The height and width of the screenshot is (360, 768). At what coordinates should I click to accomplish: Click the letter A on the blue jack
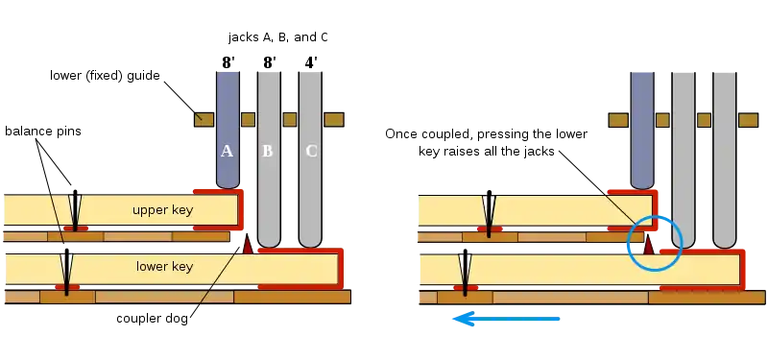(227, 152)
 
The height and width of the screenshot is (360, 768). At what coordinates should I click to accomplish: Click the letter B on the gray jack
(268, 152)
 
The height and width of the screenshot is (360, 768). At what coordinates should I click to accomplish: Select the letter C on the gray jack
(311, 152)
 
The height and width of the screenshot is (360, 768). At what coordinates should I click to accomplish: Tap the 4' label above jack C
(311, 62)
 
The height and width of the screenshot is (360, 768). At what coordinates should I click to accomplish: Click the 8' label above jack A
(228, 62)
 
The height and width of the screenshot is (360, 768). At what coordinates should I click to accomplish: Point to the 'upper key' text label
(162, 210)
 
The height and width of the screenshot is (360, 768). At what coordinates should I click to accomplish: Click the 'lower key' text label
(164, 267)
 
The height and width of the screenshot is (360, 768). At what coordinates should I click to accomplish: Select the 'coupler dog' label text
(152, 319)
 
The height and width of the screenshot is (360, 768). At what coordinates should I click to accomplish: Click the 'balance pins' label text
(43, 132)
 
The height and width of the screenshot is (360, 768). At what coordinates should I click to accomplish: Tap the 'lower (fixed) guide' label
(105, 76)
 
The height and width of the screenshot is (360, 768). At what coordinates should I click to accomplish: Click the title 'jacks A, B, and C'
(277, 37)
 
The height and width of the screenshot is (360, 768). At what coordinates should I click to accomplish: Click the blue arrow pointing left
(506, 320)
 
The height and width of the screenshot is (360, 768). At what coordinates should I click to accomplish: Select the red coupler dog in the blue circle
(649, 245)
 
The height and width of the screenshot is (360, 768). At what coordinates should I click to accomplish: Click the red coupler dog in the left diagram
(248, 244)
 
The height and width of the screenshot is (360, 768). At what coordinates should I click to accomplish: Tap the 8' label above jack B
(270, 62)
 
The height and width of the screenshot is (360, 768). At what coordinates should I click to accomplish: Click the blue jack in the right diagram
(642, 131)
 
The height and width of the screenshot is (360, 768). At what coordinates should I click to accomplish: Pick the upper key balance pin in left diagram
(75, 210)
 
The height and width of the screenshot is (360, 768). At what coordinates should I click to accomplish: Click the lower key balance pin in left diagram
(67, 273)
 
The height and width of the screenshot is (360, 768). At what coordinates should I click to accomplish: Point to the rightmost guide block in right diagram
(748, 120)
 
